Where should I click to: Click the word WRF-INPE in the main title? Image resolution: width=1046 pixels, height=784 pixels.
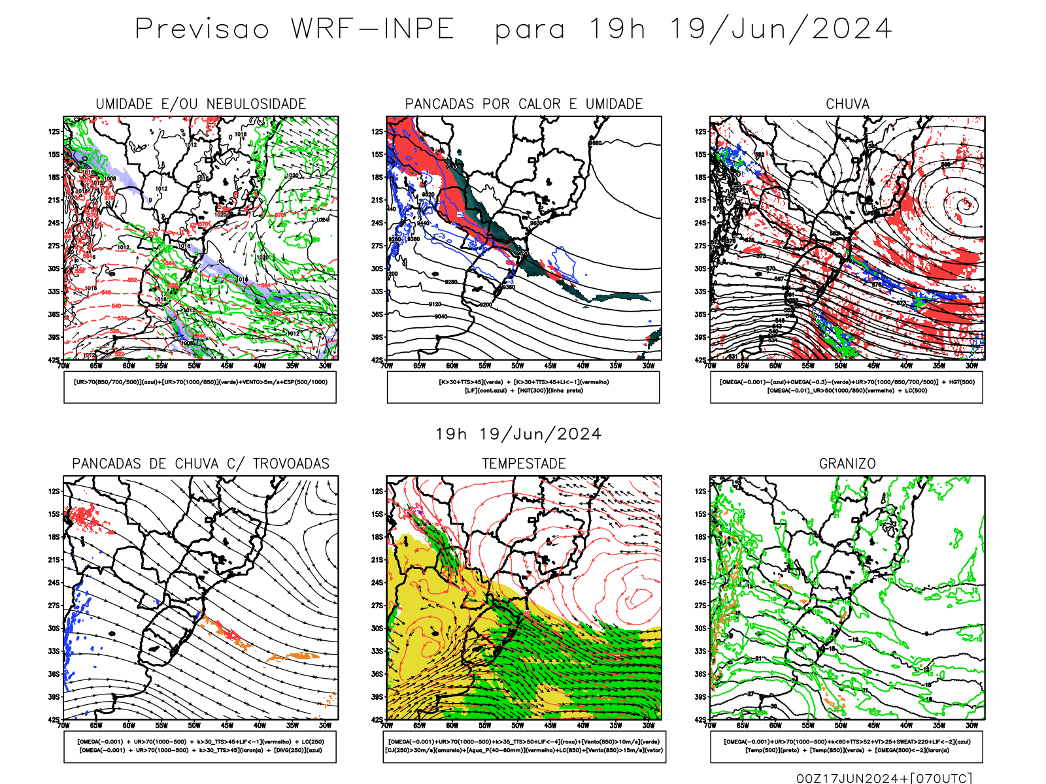coord(373,29)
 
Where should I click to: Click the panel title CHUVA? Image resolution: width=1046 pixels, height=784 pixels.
coord(847,104)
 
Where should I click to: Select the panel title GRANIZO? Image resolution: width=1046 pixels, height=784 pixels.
coord(847,464)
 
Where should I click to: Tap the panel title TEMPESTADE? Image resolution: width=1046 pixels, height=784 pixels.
coord(524,464)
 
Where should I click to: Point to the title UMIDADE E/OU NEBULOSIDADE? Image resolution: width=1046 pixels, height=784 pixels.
coord(201,104)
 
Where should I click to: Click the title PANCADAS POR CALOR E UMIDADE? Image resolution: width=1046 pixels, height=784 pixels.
coord(524,104)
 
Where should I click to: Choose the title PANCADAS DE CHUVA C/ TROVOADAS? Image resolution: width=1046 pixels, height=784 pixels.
coord(201,464)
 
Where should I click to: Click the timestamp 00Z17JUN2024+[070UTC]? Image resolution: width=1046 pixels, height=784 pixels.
coord(884,777)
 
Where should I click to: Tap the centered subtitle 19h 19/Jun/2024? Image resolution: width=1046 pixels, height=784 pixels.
coord(518,434)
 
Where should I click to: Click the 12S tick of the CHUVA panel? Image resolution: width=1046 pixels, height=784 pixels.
coord(701,132)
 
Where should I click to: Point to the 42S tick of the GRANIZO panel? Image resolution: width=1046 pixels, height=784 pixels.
coord(701,719)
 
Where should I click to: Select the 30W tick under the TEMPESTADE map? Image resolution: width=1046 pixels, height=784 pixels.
coord(648,725)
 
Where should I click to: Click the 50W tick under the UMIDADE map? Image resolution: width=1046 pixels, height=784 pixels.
coord(194,366)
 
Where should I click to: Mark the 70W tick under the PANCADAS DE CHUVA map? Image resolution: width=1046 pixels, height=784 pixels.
coord(63,725)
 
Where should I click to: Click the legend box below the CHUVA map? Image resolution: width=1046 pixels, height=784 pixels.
coord(847,387)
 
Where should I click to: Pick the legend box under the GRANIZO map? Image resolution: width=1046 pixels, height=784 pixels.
coord(847,746)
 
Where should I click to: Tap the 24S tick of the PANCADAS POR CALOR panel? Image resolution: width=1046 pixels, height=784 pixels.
coord(378,223)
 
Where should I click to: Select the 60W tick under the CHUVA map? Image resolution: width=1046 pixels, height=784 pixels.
coord(775,366)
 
